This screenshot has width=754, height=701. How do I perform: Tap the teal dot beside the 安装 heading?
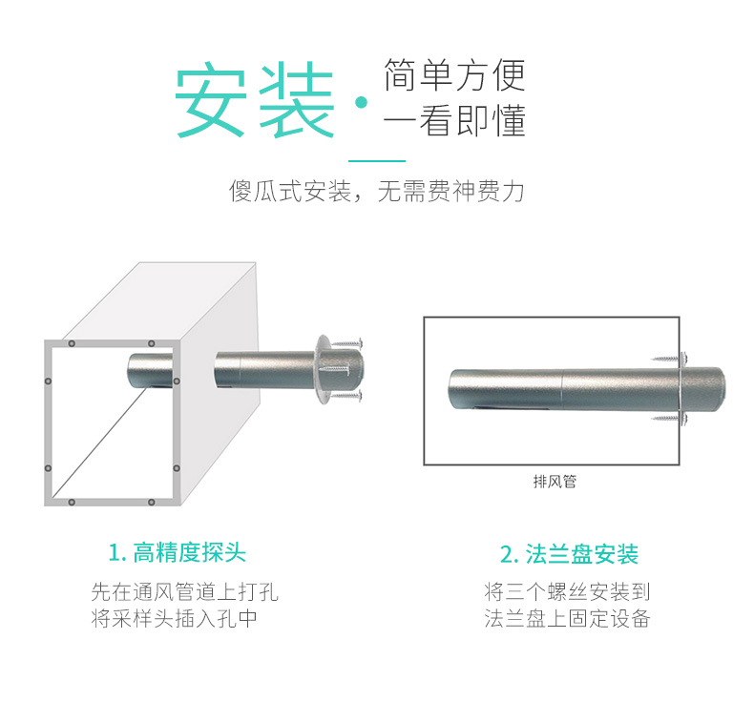pos(361,103)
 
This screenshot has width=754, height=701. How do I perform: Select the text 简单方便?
pos(454,75)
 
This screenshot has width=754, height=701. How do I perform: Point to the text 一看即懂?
pos(454,122)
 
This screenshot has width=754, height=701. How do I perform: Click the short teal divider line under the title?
pos(377,160)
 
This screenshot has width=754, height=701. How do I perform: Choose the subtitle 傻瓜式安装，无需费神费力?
pos(377,192)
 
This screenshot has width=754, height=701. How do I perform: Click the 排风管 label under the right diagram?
pos(555,482)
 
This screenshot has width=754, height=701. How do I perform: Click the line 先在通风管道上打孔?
pos(184,591)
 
